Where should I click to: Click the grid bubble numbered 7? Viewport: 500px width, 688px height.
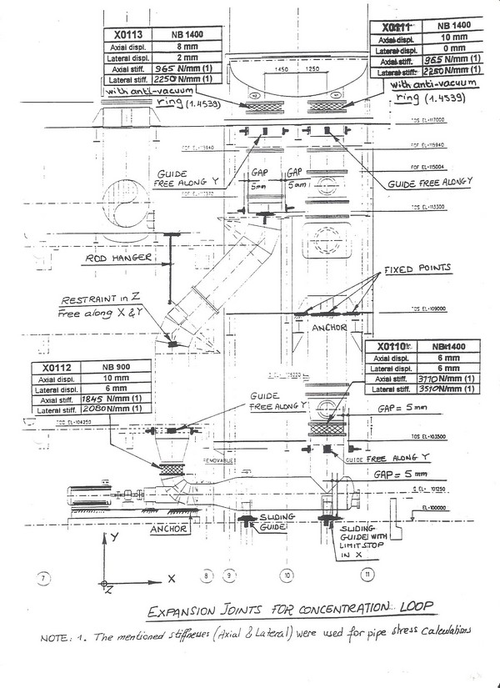coord(45,576)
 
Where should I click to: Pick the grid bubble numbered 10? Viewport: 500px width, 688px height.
coord(287,575)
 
